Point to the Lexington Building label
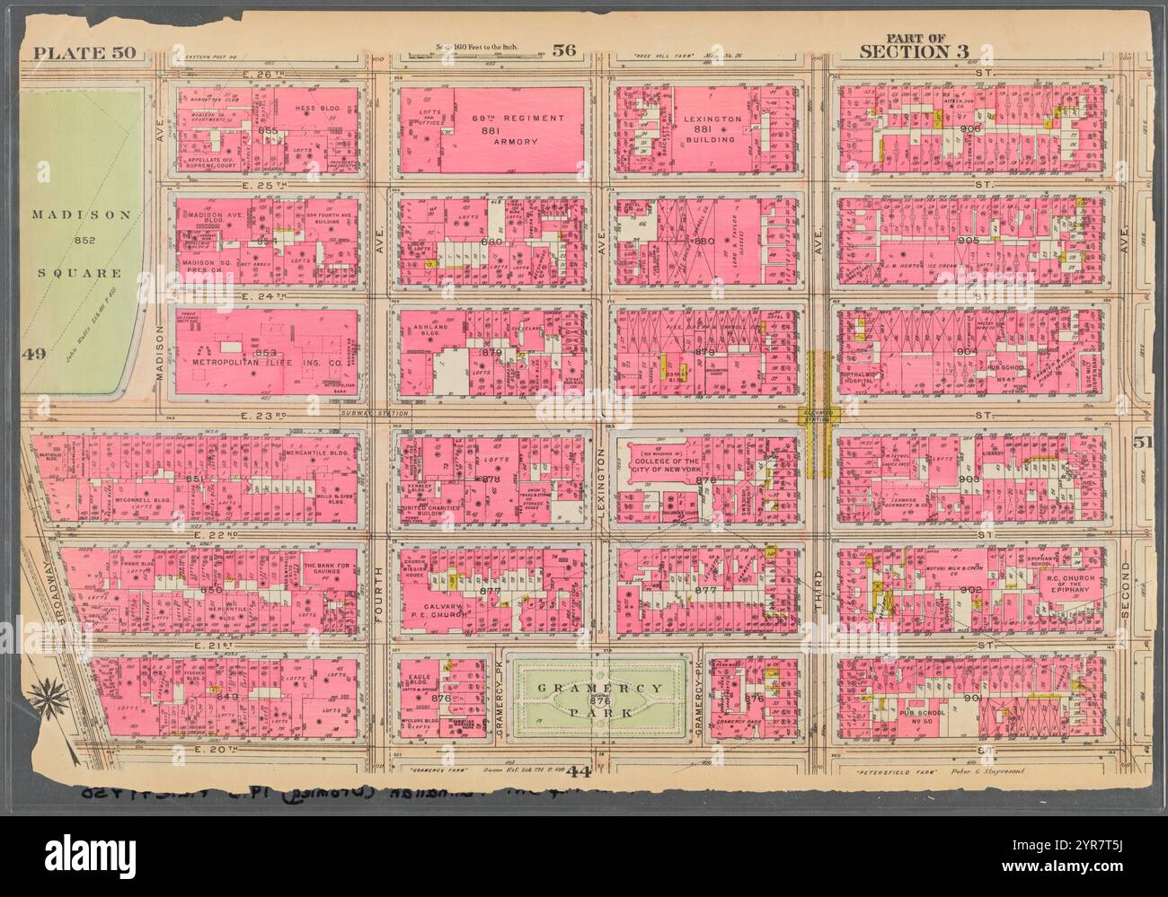click(712, 129)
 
